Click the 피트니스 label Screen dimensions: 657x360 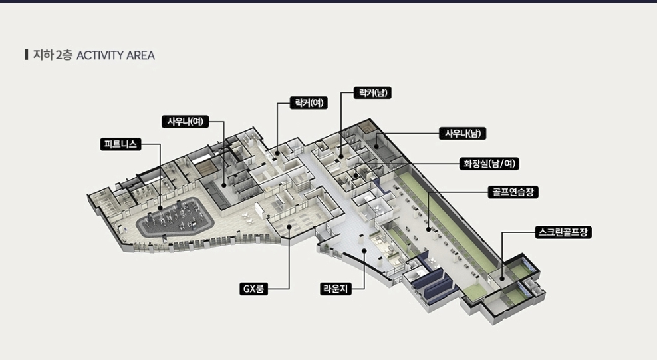[120, 144]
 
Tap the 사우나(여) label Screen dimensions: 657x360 [186, 122]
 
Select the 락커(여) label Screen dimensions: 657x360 [309, 103]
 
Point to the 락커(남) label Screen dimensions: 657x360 [372, 92]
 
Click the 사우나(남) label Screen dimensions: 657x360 [463, 134]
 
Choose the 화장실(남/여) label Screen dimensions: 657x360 [489, 164]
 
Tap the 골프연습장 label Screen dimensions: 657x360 [513, 192]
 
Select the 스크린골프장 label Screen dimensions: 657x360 [563, 232]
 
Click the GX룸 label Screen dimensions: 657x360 [253, 289]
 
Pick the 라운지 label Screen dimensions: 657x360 [336, 289]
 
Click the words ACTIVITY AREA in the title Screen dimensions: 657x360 [116, 55]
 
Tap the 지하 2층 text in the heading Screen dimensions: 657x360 [53, 55]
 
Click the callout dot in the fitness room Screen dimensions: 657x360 [160, 208]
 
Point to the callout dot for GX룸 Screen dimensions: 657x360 [289, 227]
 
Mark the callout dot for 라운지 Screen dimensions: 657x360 [364, 251]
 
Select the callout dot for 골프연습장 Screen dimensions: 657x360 [428, 229]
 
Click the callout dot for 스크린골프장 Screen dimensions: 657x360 [502, 278]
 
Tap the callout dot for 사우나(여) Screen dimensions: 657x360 [224, 185]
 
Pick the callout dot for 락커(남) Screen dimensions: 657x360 [341, 157]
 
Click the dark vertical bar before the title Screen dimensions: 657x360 [27, 55]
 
